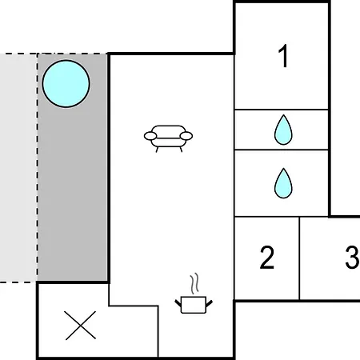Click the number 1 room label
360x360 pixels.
point(283,56)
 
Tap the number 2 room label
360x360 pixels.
point(267,258)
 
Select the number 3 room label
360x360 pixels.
point(352,258)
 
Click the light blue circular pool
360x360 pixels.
point(66,84)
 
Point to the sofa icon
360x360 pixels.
point(168,138)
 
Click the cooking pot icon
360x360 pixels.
point(194,305)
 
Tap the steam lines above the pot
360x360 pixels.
point(194,283)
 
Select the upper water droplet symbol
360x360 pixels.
point(283,130)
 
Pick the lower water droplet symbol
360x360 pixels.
point(283,183)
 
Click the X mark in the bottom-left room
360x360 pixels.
point(81,326)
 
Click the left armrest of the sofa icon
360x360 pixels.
point(150,136)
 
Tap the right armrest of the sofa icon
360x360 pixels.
point(186,136)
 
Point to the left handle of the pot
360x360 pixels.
point(178,303)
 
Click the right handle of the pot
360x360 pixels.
point(210,303)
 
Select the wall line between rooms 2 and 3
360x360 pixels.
point(299,258)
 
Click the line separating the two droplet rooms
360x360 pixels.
point(282,150)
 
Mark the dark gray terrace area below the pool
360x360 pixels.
point(73,194)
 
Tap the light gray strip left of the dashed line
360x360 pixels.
point(18,167)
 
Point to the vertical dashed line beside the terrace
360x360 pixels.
point(38,167)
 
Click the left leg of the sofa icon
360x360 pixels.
point(157,150)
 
